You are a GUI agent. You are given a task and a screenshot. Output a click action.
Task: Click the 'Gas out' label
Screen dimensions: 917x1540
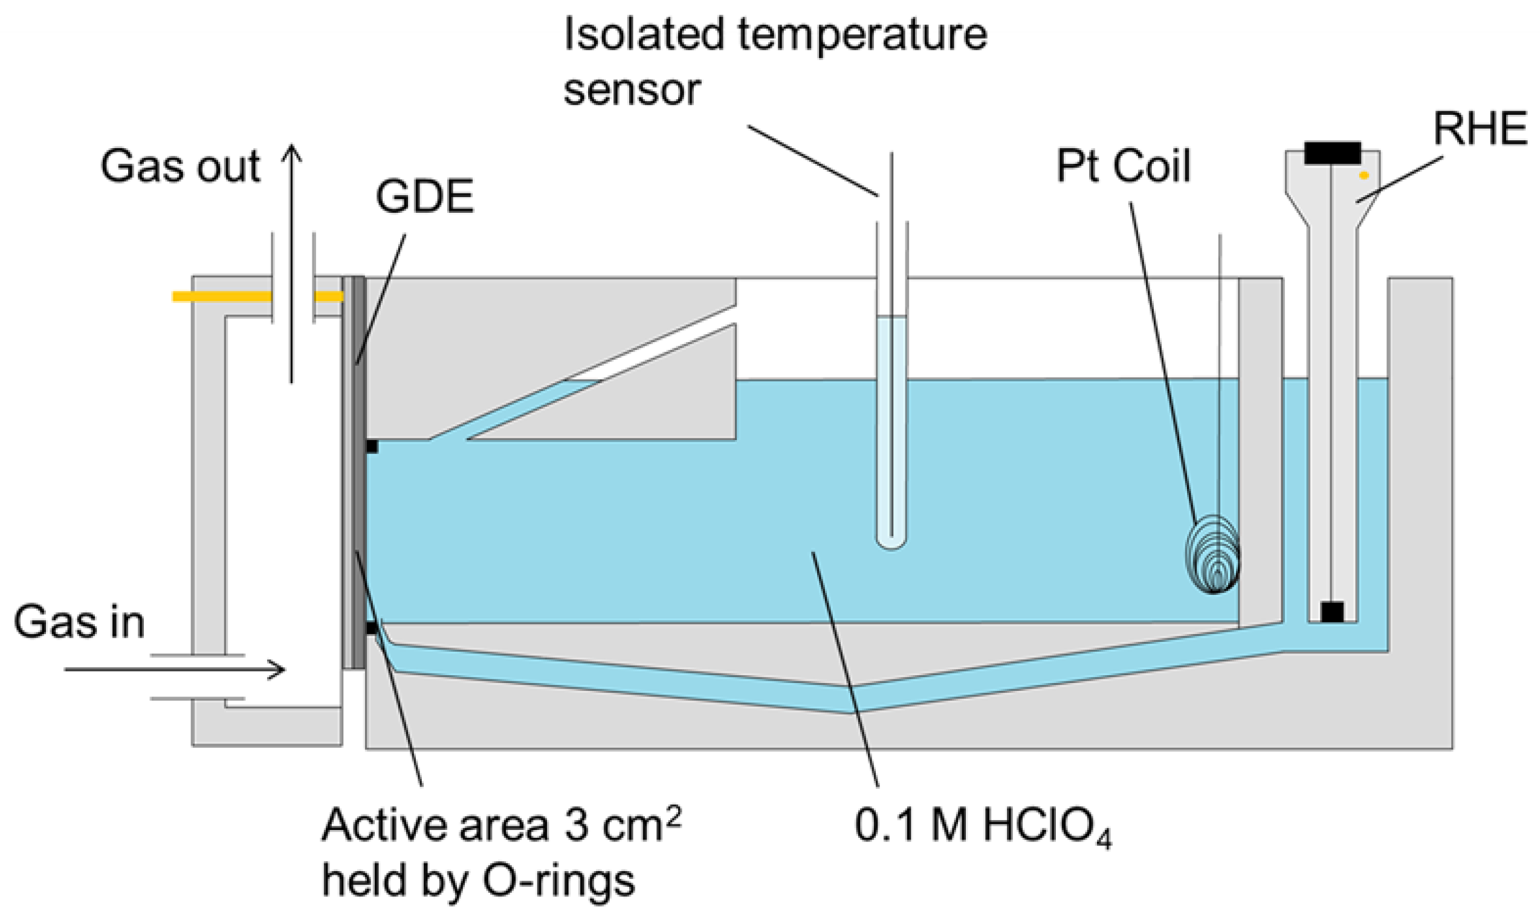180,167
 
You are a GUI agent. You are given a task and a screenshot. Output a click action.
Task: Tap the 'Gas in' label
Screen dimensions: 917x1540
79,623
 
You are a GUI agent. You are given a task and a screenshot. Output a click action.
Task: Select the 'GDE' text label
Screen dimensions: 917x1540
424,198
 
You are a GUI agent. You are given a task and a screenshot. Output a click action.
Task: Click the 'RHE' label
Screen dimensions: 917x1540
1480,129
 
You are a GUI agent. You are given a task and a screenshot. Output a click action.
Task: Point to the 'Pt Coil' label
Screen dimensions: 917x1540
1123,166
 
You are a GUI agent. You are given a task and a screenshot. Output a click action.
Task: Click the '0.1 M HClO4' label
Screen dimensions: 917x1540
982,826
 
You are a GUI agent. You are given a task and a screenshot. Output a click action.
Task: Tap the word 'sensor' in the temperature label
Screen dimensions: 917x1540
632,89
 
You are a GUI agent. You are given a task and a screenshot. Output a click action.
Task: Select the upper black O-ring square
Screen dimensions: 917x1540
371,446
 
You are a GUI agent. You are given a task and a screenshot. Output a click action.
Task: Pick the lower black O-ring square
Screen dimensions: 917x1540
371,629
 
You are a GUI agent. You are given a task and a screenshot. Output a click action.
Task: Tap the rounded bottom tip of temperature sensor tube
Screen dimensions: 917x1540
891,544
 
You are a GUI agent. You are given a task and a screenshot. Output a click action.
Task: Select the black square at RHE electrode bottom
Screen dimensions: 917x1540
1332,612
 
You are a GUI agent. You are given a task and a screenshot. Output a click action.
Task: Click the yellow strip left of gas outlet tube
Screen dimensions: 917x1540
221,297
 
